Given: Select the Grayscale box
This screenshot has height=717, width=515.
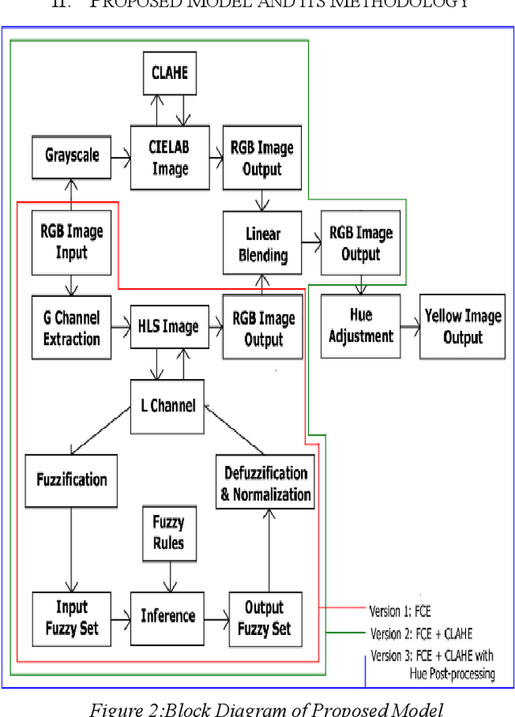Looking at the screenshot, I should tap(71, 155).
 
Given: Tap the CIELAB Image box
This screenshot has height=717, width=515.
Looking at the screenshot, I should tap(170, 159).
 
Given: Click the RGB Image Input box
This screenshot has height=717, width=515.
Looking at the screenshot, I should tap(71, 242).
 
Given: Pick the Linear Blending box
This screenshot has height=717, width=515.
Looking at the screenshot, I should tap(263, 245).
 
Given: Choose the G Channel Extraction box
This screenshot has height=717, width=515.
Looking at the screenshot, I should tap(71, 328).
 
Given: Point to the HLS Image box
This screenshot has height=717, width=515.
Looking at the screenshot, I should tap(170, 327).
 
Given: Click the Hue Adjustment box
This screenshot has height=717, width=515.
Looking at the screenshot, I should tap(360, 327).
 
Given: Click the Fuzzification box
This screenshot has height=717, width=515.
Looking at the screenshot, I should tap(72, 480).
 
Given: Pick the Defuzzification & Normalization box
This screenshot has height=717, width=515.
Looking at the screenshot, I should tap(265, 484).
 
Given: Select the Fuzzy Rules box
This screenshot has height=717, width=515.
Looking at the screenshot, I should tap(168, 533).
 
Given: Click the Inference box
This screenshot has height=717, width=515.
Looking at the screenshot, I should tap(168, 616).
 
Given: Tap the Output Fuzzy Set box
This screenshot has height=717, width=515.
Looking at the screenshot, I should tap(264, 617).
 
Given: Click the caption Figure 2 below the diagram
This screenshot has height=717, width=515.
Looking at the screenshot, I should tap(257, 707).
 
